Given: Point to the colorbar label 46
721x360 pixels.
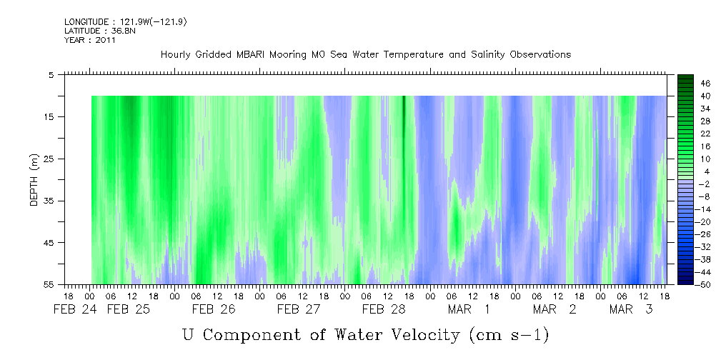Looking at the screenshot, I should (x=686, y=84).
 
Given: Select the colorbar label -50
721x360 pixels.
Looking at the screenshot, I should (x=686, y=284).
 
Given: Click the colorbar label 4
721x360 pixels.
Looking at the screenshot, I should (x=686, y=171).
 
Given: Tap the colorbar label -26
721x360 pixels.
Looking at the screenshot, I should (x=686, y=234).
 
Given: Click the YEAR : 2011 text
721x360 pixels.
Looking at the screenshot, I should (x=90, y=40).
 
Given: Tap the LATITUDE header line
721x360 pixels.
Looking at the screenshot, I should (x=99, y=31).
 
